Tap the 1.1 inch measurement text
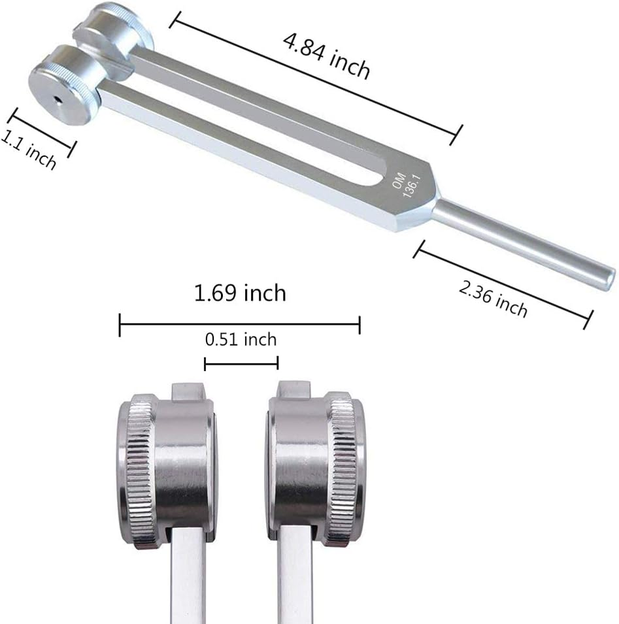[29, 149]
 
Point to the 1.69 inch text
[240, 293]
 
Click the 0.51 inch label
[241, 340]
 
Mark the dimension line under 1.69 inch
[239, 321]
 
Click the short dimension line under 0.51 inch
[241, 363]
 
